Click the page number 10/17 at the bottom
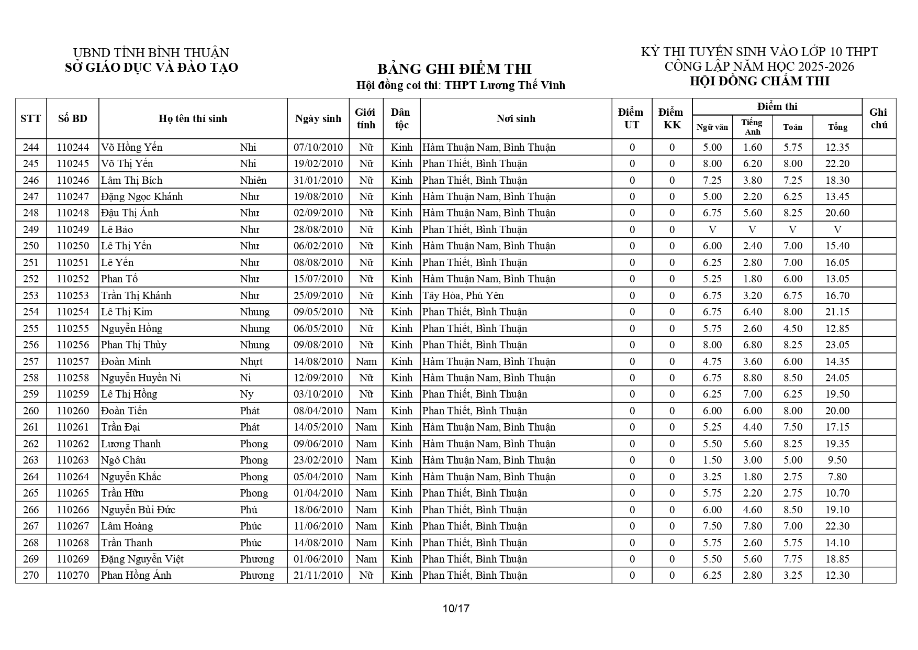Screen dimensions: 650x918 [x=456, y=609]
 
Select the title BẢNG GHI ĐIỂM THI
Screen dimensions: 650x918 [x=454, y=69]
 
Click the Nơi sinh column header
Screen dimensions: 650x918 [x=516, y=118]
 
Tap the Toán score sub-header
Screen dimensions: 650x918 [x=792, y=127]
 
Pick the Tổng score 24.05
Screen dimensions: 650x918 [x=837, y=378]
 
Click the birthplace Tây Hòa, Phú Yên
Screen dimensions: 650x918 [x=463, y=295]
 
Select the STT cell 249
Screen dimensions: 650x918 [x=31, y=229]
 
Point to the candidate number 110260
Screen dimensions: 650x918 [x=73, y=411]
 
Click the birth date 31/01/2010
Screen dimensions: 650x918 [x=318, y=180]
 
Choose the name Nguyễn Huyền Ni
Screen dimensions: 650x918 [x=141, y=378]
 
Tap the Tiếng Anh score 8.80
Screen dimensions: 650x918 [x=752, y=378]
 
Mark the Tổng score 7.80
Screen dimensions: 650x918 [x=837, y=477]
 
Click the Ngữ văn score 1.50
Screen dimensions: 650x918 [x=712, y=460]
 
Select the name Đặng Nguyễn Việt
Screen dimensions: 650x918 [x=142, y=559]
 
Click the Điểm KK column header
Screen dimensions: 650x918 [x=671, y=118]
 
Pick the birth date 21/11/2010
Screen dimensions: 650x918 [x=318, y=575]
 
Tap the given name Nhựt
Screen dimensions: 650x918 [x=251, y=361]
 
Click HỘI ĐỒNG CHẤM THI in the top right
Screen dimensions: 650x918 [x=759, y=81]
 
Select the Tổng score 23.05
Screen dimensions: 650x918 [x=837, y=345]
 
